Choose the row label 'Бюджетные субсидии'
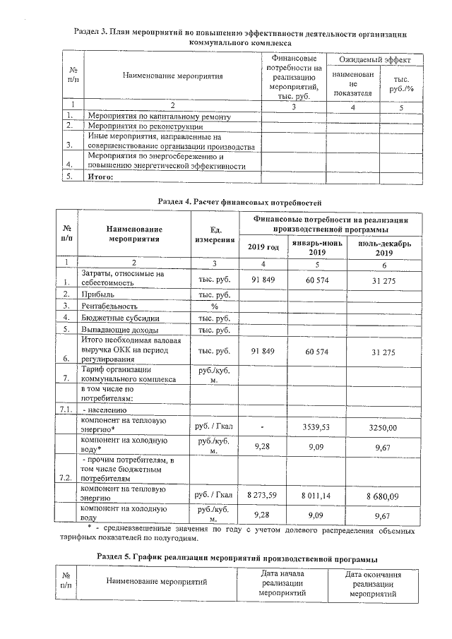point(119,318)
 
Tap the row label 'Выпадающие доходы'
point(118,330)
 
